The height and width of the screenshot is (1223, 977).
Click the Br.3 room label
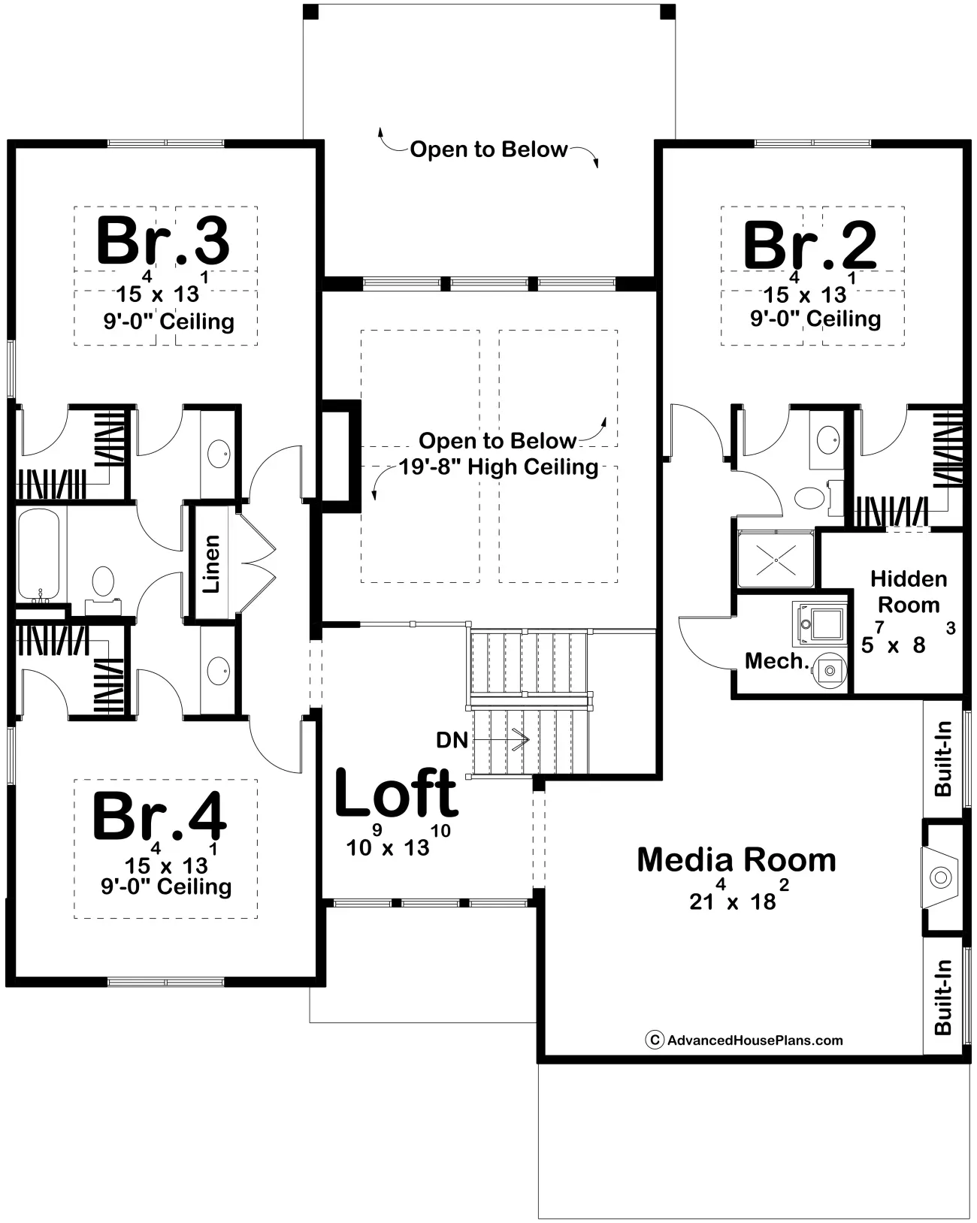point(162,241)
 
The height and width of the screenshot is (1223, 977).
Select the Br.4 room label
point(160,816)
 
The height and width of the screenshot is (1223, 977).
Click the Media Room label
point(737,860)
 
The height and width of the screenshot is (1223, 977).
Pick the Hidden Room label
point(909,592)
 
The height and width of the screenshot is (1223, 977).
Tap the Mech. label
point(777,660)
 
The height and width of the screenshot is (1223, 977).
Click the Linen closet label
point(211,563)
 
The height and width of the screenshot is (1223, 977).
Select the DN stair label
point(452,740)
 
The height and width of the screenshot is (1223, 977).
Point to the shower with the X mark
point(776,560)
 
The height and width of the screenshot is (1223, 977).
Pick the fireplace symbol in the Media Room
point(941,877)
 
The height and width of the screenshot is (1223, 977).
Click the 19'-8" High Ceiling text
point(499,467)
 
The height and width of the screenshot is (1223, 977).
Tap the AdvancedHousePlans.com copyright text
point(744,1040)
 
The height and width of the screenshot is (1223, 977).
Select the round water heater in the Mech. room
point(830,671)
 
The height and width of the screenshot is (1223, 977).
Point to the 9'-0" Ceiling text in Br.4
point(166,886)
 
